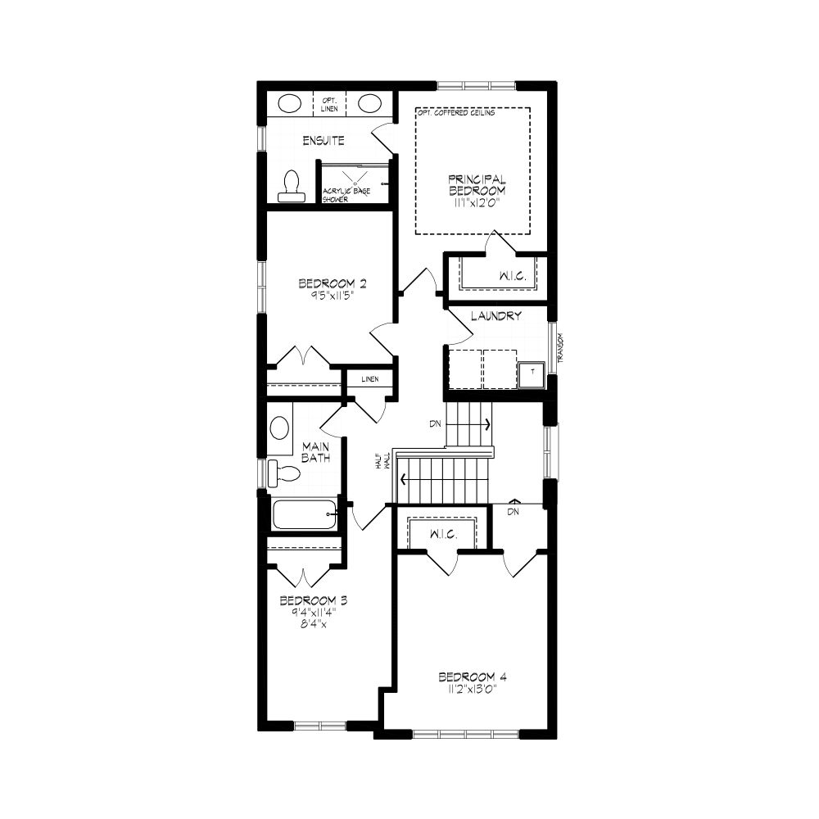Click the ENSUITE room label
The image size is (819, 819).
coord(324,141)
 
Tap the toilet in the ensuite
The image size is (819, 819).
coord(291,186)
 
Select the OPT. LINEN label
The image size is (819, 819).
coord(329,105)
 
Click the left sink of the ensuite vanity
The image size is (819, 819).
coord(290,103)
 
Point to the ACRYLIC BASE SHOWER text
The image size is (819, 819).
coord(346,195)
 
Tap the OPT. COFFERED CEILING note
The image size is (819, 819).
coord(456,113)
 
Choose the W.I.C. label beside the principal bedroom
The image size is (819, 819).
coord(513,276)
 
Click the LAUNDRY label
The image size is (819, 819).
coord(495,316)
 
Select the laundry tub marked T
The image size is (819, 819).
coord(532,372)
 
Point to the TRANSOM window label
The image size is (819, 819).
coord(560,348)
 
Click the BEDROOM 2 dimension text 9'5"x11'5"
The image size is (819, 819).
coord(333,295)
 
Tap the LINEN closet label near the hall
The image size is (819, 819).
coord(370,379)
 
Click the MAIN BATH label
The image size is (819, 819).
coord(316,452)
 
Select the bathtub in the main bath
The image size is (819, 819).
coord(305,514)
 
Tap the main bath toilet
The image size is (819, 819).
coord(283,473)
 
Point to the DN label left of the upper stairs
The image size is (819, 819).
coord(436,424)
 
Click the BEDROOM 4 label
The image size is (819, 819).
coord(473,677)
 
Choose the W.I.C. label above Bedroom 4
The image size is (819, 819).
coord(443,535)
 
